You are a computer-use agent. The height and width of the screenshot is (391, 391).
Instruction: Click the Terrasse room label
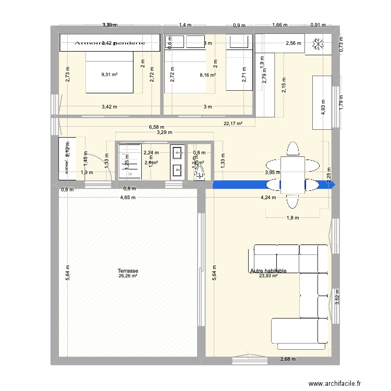tap(128, 271)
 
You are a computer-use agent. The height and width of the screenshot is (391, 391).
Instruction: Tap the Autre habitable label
tap(268, 271)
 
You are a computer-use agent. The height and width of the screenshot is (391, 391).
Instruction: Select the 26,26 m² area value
tap(128, 276)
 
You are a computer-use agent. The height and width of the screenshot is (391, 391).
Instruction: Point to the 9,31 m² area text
tap(109, 75)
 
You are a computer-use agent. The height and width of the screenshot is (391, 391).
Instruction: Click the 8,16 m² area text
tap(207, 75)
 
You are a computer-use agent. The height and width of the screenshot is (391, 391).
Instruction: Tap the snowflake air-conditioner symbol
tap(317, 45)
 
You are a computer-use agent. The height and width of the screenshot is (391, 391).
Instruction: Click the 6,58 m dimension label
tap(156, 127)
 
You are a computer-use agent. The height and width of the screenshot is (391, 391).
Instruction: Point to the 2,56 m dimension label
tap(294, 43)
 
